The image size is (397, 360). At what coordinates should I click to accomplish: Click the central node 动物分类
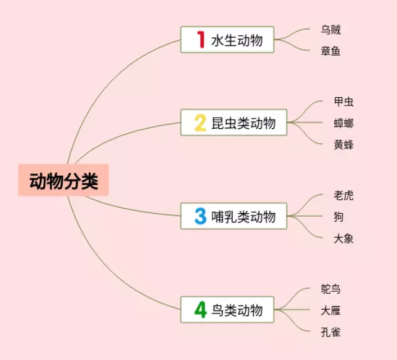(63, 180)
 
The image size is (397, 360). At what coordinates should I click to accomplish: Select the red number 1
(200, 40)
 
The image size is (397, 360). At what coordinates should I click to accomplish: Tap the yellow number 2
(200, 123)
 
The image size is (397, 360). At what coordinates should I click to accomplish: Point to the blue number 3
(200, 216)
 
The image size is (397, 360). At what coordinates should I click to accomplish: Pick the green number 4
(200, 309)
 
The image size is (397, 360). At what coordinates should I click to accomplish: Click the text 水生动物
(236, 40)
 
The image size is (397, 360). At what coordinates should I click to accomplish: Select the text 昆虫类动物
(243, 123)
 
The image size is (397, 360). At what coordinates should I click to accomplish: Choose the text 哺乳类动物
(243, 217)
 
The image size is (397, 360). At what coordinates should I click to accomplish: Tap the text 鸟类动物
(236, 310)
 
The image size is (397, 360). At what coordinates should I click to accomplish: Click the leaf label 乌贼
(331, 30)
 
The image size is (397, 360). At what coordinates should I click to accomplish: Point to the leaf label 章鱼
(331, 51)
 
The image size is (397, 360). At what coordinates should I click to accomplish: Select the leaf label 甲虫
(344, 102)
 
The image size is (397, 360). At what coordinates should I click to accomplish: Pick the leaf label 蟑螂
(344, 123)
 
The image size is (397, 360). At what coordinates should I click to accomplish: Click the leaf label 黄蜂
(344, 144)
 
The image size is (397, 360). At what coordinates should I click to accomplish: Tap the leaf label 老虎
(344, 195)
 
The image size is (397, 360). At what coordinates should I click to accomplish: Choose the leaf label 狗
(338, 217)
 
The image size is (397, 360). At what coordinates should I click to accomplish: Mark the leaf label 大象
(344, 239)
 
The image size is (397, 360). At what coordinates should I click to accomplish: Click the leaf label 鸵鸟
(331, 289)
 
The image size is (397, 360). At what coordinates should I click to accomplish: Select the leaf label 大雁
(331, 310)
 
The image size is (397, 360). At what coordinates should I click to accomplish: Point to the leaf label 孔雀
(331, 332)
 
